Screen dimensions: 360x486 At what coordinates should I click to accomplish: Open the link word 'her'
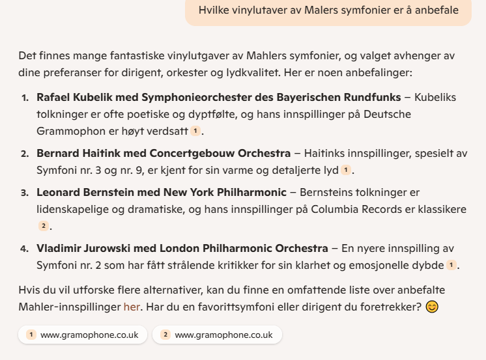pyautogui.click(x=132, y=305)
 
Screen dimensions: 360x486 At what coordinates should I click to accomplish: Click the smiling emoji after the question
pyautogui.click(x=432, y=306)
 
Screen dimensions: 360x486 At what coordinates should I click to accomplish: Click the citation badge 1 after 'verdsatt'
pyautogui.click(x=195, y=132)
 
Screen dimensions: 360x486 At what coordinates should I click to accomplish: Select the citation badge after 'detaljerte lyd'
pyautogui.click(x=345, y=171)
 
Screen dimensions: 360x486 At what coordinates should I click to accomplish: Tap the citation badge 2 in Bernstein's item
pyautogui.click(x=44, y=227)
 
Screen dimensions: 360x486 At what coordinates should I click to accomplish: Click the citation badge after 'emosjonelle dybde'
pyautogui.click(x=451, y=266)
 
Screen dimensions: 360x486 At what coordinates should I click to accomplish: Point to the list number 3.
pyautogui.click(x=25, y=193)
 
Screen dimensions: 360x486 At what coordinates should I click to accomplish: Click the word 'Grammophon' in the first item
pyautogui.click(x=68, y=132)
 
